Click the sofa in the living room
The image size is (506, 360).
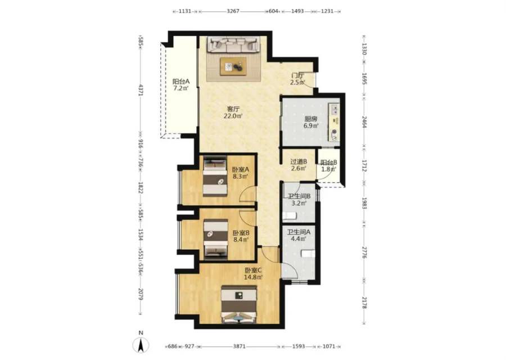click(233, 44)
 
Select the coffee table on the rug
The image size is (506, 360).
click(233, 66)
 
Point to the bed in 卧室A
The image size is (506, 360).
click(215, 176)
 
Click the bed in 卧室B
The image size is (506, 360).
click(215, 238)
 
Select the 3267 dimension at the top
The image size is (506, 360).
click(233, 11)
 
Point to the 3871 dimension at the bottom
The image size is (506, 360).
click(239, 346)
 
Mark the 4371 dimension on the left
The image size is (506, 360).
click(141, 90)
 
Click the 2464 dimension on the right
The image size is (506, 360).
click(364, 123)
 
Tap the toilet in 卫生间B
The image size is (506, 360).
click(290, 216)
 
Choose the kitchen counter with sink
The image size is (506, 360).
click(334, 122)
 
